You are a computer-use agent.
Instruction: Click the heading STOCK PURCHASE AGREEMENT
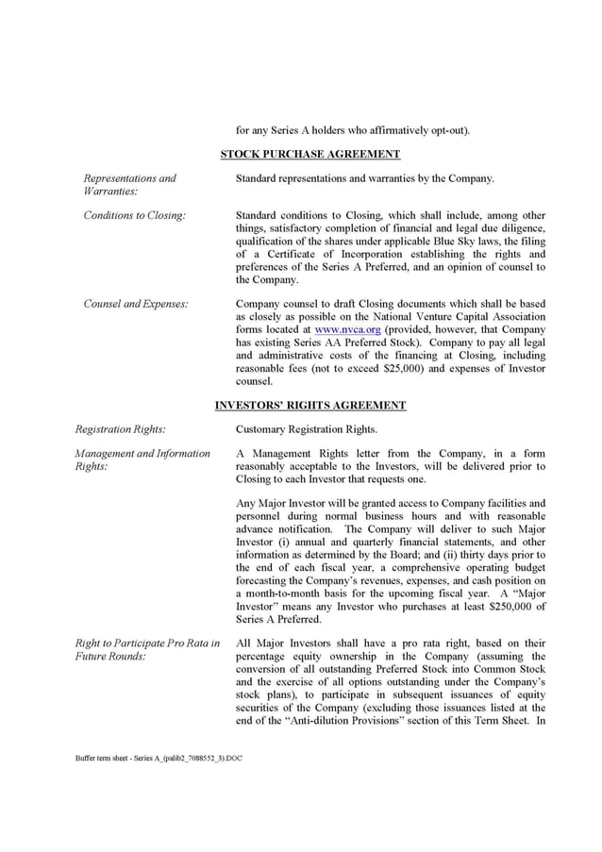point(309,154)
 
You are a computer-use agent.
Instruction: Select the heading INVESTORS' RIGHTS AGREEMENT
point(309,406)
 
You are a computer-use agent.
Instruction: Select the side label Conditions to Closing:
point(134,215)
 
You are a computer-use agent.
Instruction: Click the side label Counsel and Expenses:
point(135,304)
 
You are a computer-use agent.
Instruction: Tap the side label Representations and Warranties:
point(129,185)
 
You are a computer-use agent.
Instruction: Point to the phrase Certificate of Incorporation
point(321,255)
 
